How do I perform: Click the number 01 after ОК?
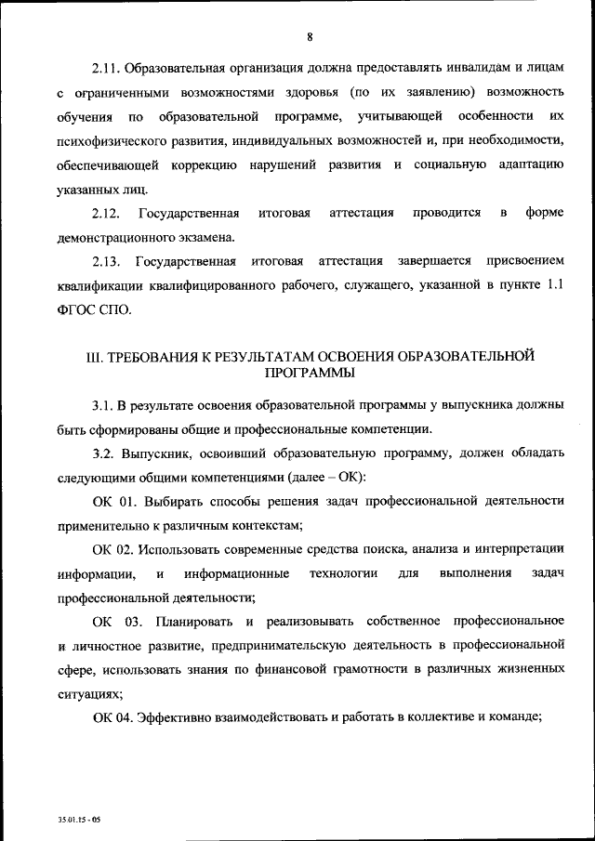(x=127, y=502)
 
